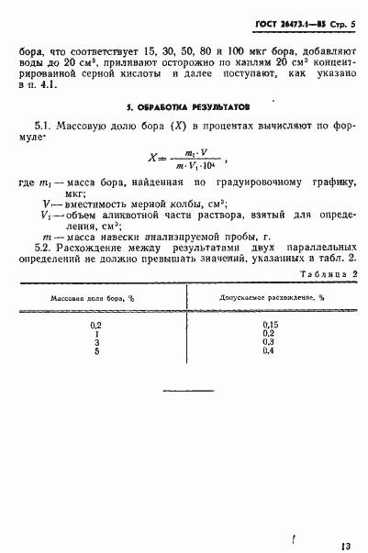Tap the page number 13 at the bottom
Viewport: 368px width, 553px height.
pyautogui.click(x=344, y=521)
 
